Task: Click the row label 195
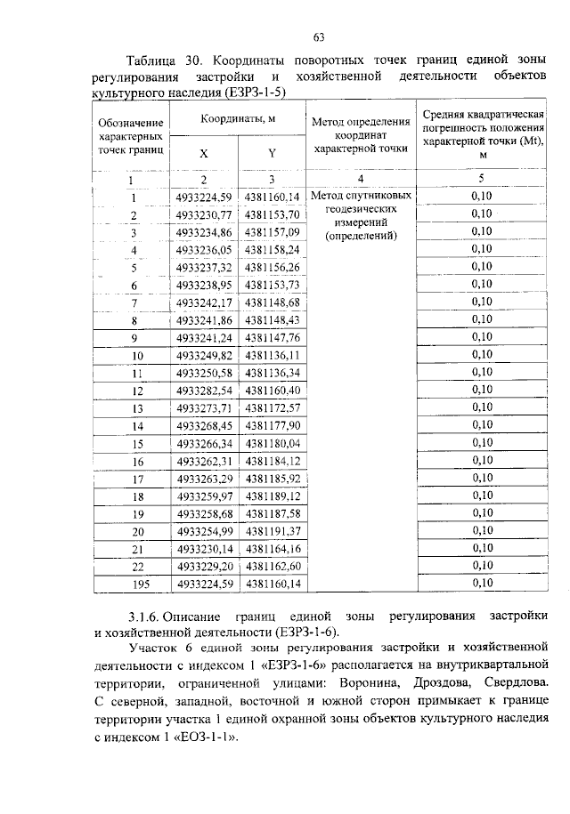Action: click(x=132, y=584)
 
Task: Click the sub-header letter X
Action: click(x=203, y=152)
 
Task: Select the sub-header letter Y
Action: click(x=272, y=152)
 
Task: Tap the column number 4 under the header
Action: click(x=360, y=179)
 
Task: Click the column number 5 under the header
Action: click(x=481, y=179)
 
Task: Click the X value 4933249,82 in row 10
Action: click(x=204, y=355)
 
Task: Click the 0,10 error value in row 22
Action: click(x=481, y=566)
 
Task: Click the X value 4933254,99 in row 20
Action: click(x=204, y=531)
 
